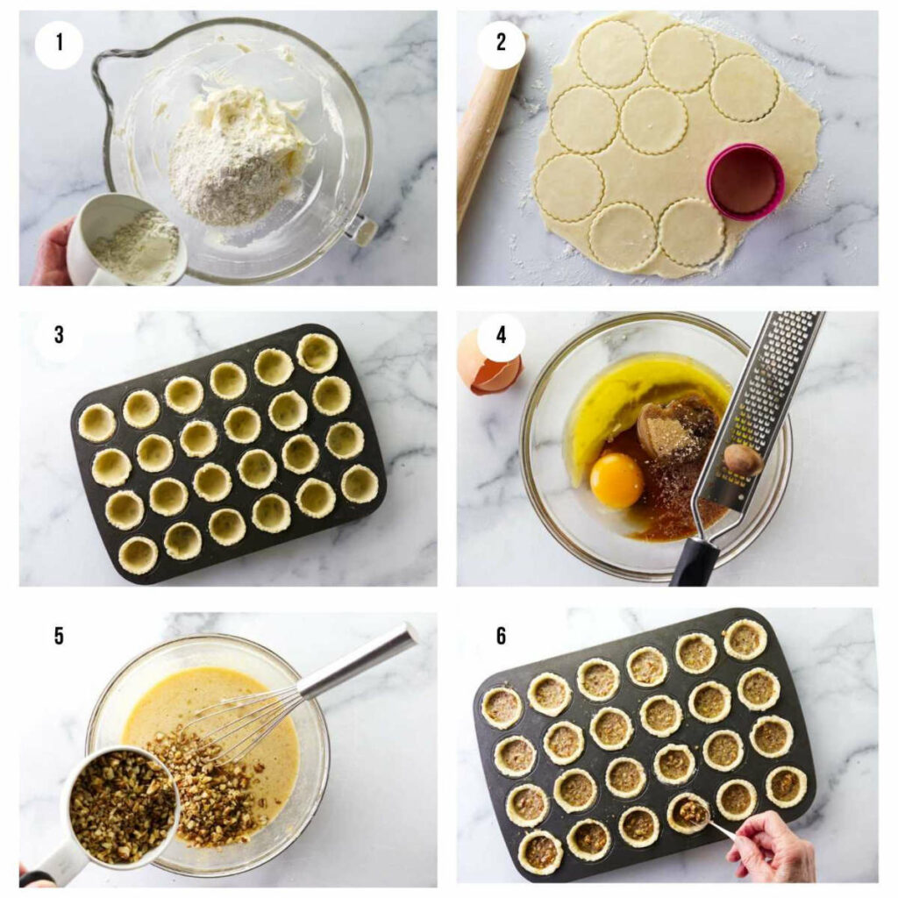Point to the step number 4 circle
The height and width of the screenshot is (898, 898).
tap(501, 337)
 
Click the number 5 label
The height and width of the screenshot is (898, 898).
tap(59, 636)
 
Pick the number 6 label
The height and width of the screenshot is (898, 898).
tap(501, 636)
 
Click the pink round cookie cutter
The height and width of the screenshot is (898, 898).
tap(745, 182)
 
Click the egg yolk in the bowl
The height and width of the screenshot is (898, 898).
tap(616, 480)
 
